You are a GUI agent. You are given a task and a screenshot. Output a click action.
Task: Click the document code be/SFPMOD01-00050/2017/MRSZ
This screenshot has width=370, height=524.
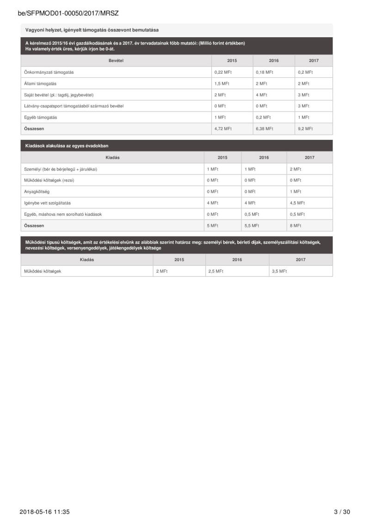coord(68,13)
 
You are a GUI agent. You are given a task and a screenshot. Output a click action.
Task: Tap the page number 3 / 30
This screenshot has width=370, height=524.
coord(342,512)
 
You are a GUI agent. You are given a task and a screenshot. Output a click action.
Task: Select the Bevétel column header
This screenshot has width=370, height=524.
coord(116,61)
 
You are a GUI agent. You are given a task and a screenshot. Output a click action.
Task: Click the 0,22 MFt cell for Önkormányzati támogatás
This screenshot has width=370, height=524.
coord(222,72)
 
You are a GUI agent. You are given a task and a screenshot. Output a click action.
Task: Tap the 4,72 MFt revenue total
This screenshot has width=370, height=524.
coord(223,129)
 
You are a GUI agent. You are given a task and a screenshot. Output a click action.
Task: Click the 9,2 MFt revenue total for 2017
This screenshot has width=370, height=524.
coord(305,129)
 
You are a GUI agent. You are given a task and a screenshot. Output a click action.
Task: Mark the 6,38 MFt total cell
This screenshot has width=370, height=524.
coord(265,129)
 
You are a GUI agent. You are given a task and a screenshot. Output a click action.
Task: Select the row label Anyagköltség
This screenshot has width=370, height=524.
coord(36,192)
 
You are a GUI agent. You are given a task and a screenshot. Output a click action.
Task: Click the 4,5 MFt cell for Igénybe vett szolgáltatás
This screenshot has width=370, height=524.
coord(297,203)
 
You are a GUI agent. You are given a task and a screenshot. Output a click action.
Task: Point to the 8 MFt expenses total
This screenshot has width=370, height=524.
coord(296,225)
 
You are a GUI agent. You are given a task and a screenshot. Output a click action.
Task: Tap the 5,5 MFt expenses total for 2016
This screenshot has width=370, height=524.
coord(252,225)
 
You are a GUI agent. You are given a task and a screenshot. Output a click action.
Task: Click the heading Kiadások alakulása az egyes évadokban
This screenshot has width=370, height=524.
coord(67,146)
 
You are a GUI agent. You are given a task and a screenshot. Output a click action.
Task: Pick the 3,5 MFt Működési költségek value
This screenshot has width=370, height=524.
coord(279,271)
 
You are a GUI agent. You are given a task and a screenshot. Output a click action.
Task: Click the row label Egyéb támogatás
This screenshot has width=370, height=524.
coord(41,118)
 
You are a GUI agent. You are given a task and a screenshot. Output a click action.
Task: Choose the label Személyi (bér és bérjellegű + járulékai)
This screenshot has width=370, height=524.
coord(61,169)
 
